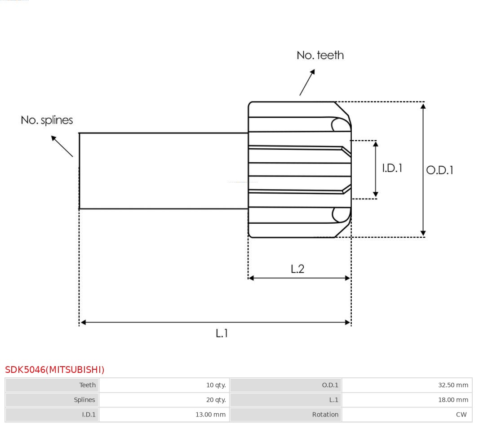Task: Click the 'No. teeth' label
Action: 320,55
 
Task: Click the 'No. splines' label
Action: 47,120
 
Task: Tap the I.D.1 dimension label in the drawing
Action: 392,168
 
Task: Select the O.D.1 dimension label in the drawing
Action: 439,170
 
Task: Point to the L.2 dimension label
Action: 297,269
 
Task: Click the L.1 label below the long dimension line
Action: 222,333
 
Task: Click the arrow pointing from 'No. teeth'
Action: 307,82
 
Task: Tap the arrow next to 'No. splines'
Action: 62,146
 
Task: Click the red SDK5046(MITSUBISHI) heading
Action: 55,370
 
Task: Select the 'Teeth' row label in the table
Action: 87,385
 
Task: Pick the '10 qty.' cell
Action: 216,385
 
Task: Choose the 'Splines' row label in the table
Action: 84,400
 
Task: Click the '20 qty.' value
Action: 216,400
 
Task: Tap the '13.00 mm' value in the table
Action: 210,415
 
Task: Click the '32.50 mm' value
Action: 453,385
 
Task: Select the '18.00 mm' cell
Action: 453,400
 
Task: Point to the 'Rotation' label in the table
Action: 325,415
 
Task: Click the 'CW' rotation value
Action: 461,415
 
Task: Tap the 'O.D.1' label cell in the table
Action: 330,385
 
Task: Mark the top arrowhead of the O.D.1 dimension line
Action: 423,106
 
